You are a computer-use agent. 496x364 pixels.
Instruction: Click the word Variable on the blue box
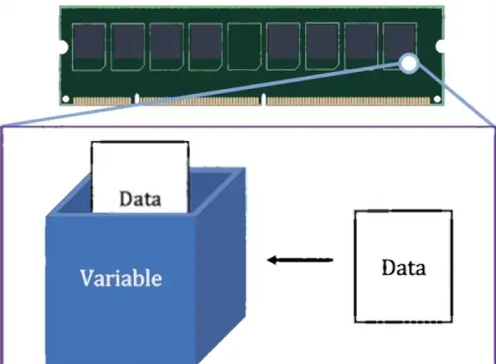tap(121, 277)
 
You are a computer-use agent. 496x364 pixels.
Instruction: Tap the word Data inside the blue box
tap(141, 199)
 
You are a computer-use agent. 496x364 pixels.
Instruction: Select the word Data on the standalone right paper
tap(405, 267)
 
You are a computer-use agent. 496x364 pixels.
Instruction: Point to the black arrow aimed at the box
tap(300, 261)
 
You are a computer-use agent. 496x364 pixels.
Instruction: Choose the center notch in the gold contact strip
tap(263, 101)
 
